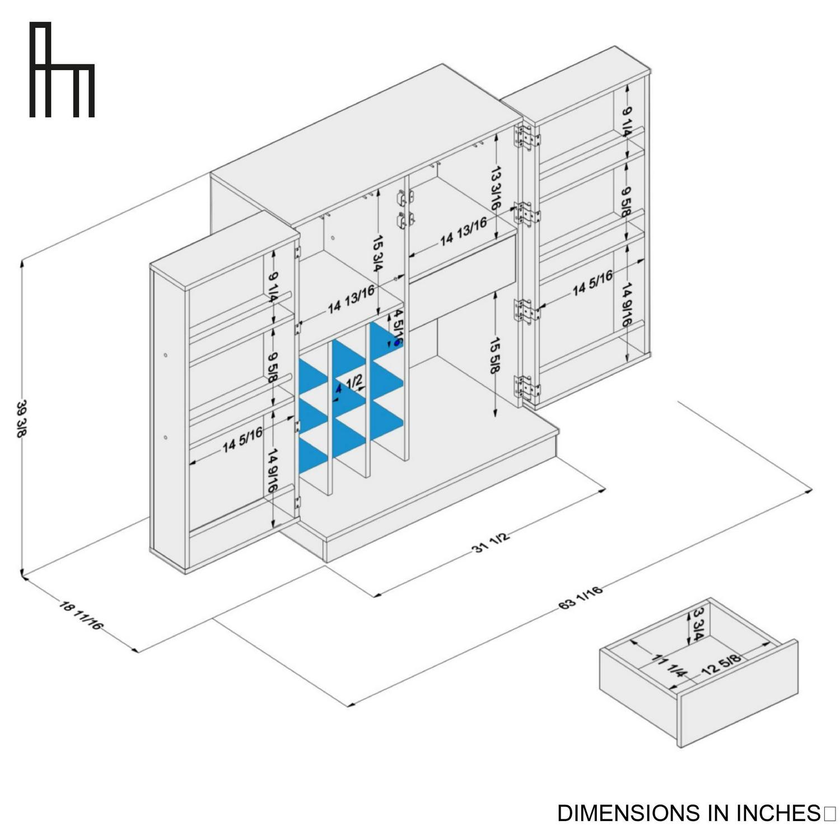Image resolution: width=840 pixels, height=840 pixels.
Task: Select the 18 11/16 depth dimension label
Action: click(81, 614)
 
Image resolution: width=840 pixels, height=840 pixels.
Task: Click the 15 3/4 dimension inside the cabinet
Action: click(378, 254)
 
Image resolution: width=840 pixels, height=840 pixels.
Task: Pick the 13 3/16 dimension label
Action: click(495, 188)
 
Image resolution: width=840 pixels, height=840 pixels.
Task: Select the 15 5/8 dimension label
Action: click(495, 356)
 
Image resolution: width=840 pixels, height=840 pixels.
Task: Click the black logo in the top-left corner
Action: click(62, 70)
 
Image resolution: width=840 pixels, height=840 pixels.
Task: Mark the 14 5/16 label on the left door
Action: click(242, 440)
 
